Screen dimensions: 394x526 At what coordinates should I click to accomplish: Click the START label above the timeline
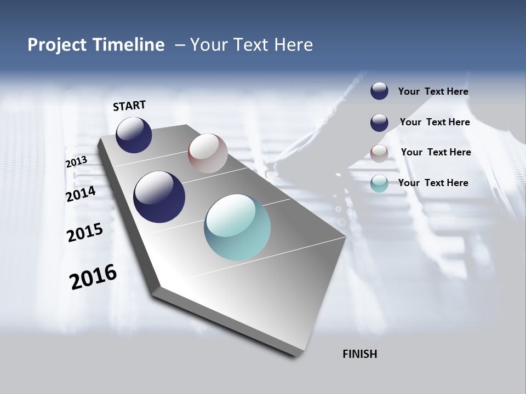pyautogui.click(x=129, y=106)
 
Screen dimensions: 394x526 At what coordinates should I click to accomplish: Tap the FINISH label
pyautogui.click(x=359, y=354)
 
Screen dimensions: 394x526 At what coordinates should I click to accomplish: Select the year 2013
pyautogui.click(x=76, y=162)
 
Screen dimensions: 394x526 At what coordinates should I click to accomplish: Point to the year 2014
pyautogui.click(x=81, y=194)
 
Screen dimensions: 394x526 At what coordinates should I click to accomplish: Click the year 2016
pyautogui.click(x=93, y=277)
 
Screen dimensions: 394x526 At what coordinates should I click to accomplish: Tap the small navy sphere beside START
pyautogui.click(x=134, y=135)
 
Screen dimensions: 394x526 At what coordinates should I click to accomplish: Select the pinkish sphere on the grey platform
pyautogui.click(x=208, y=153)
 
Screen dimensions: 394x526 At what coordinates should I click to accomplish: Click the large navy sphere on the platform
pyautogui.click(x=159, y=197)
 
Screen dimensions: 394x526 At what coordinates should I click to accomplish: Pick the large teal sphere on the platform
pyautogui.click(x=237, y=227)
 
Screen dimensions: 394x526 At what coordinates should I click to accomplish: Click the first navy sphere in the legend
pyautogui.click(x=379, y=91)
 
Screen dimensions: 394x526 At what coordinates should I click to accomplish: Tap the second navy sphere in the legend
pyautogui.click(x=379, y=123)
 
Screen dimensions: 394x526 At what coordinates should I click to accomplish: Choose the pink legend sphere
pyautogui.click(x=379, y=153)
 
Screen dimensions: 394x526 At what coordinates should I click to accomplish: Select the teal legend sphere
pyautogui.click(x=379, y=183)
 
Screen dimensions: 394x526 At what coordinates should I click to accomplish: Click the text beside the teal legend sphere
pyautogui.click(x=433, y=183)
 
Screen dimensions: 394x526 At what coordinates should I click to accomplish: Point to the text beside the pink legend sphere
pyautogui.click(x=436, y=152)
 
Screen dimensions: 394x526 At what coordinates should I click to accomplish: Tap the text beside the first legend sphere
pyautogui.click(x=433, y=91)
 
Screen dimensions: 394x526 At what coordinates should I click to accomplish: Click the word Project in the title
pyautogui.click(x=56, y=45)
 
